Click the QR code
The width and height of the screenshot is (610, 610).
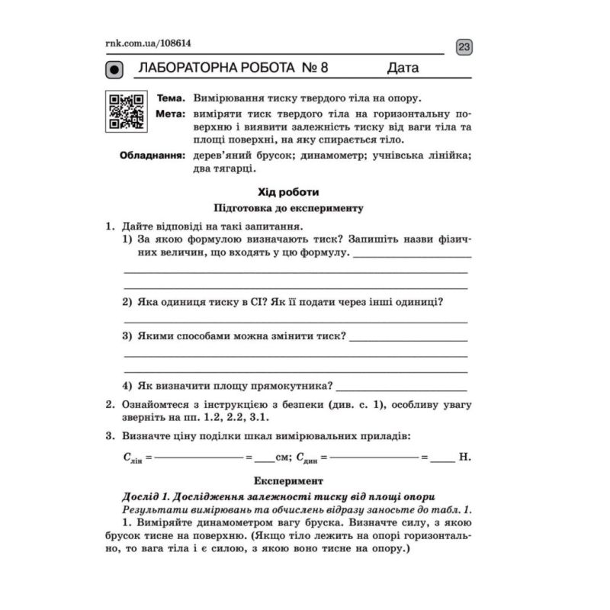[127, 111]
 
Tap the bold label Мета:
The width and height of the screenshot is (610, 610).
[171, 114]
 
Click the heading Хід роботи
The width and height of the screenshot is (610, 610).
[289, 192]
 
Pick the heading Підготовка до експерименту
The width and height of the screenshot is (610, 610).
[289, 207]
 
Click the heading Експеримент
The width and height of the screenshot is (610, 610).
[289, 481]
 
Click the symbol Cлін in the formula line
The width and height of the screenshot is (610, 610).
[133, 459]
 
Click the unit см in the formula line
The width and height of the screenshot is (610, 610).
[283, 458]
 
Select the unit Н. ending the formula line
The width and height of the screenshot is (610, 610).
[465, 458]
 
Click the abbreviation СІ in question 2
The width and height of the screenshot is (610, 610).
[254, 301]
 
